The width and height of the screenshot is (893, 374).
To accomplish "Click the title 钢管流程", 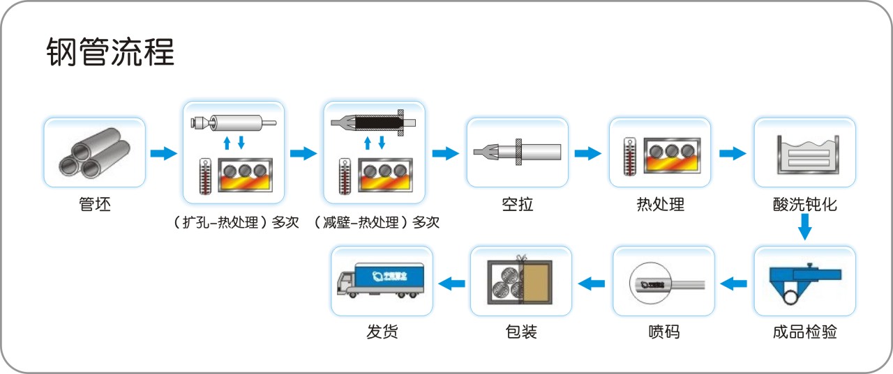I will pos(110,52).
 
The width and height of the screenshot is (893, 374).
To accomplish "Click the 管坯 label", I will pos(95,205).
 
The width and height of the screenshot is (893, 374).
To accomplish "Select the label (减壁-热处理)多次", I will pos(376,223).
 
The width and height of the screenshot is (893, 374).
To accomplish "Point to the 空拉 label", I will pos(517,205).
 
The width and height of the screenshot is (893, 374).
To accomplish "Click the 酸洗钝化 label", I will pos(804,205).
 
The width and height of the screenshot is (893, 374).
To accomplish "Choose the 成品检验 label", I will pos(804,332).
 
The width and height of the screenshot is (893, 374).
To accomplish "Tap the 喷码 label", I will pos(663,332).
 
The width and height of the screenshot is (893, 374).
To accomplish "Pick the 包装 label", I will pos(520,332).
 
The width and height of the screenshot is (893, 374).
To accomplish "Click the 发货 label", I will pos(382,332).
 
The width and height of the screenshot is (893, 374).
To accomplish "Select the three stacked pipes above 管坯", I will pos(95,153).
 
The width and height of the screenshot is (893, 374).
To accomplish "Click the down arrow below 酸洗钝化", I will pos(804,227).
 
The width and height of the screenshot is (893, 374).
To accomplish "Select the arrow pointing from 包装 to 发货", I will pos(451,283).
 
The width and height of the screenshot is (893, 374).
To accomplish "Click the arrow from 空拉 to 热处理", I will pos(588,153).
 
